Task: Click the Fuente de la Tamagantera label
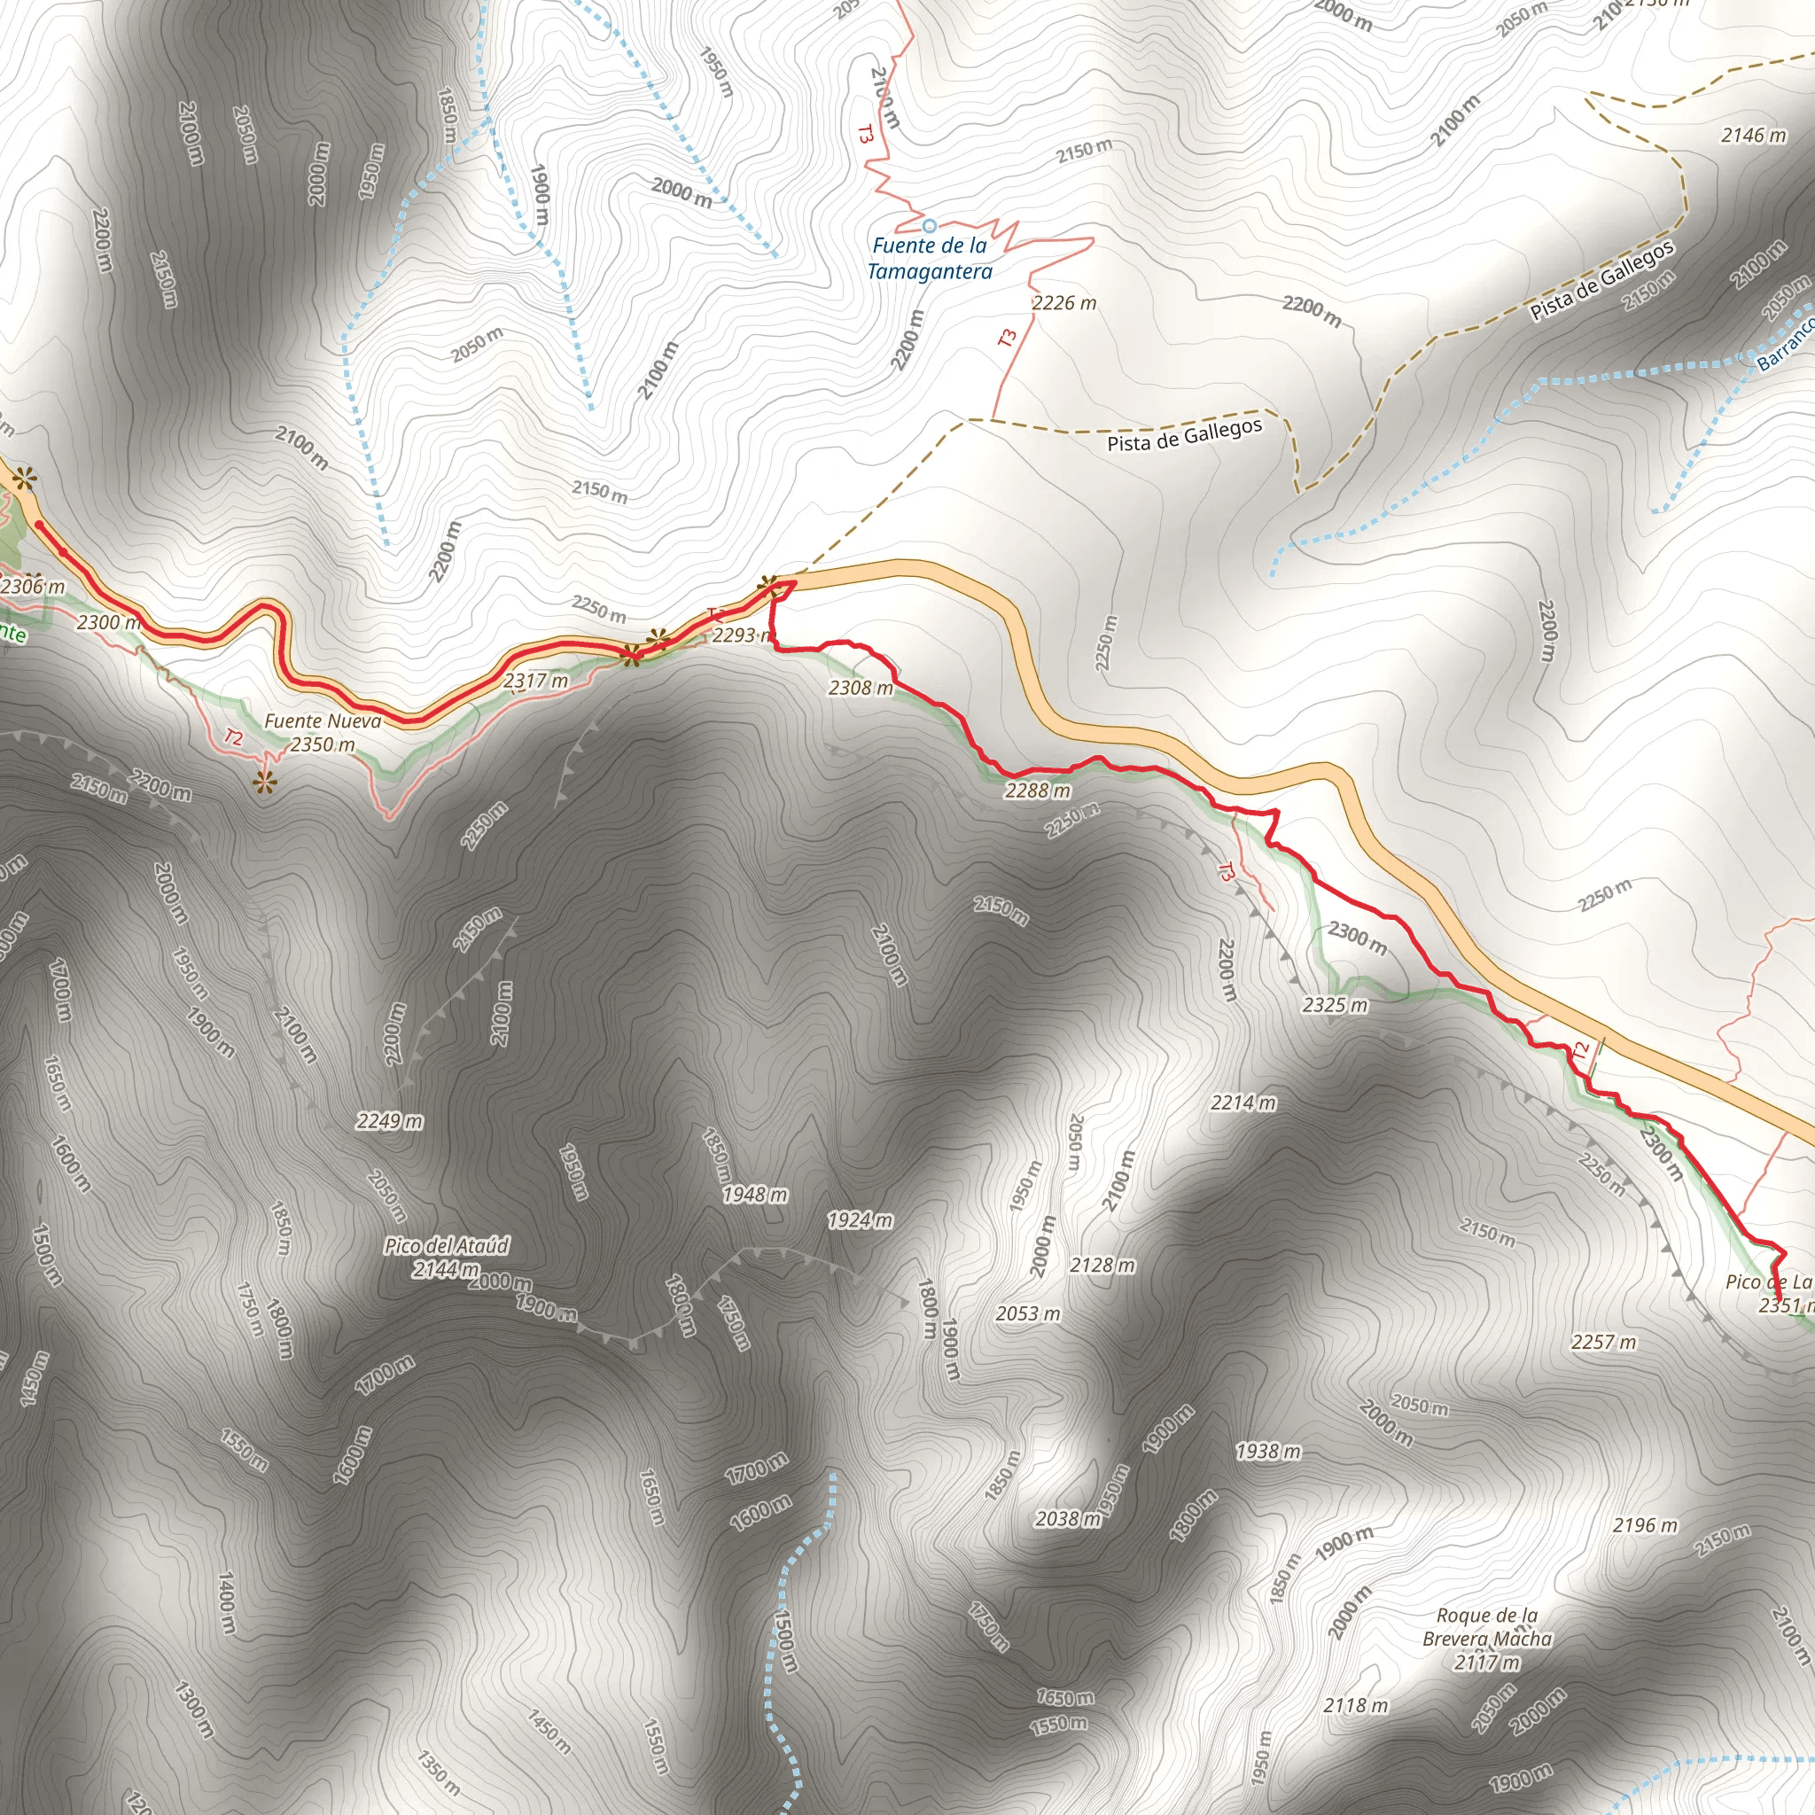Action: (929, 259)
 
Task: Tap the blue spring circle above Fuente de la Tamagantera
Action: (929, 225)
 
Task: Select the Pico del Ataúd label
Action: (447, 1257)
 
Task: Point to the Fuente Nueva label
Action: (323, 721)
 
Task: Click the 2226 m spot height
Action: (1063, 302)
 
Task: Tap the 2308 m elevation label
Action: (861, 688)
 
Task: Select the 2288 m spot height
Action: (1037, 790)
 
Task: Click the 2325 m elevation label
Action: (1335, 1005)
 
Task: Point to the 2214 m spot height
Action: (1242, 1102)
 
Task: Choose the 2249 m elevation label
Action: (389, 1121)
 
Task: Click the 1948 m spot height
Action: (754, 1194)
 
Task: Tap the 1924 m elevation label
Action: (860, 1220)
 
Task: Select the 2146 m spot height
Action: (1753, 136)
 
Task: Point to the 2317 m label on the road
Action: (535, 679)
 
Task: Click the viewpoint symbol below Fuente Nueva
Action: (265, 782)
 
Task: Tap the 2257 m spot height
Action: (1603, 1343)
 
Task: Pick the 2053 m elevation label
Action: (1028, 1313)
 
